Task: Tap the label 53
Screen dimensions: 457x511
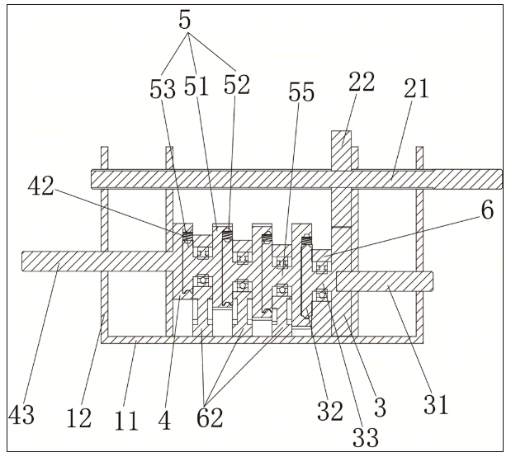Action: coord(163,89)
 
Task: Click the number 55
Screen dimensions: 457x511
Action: coord(300,93)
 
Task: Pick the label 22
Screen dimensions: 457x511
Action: coord(362,82)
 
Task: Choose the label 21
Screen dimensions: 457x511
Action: coord(417,88)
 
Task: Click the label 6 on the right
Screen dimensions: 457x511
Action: coord(487,210)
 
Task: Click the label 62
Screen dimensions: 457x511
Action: coord(210,418)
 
